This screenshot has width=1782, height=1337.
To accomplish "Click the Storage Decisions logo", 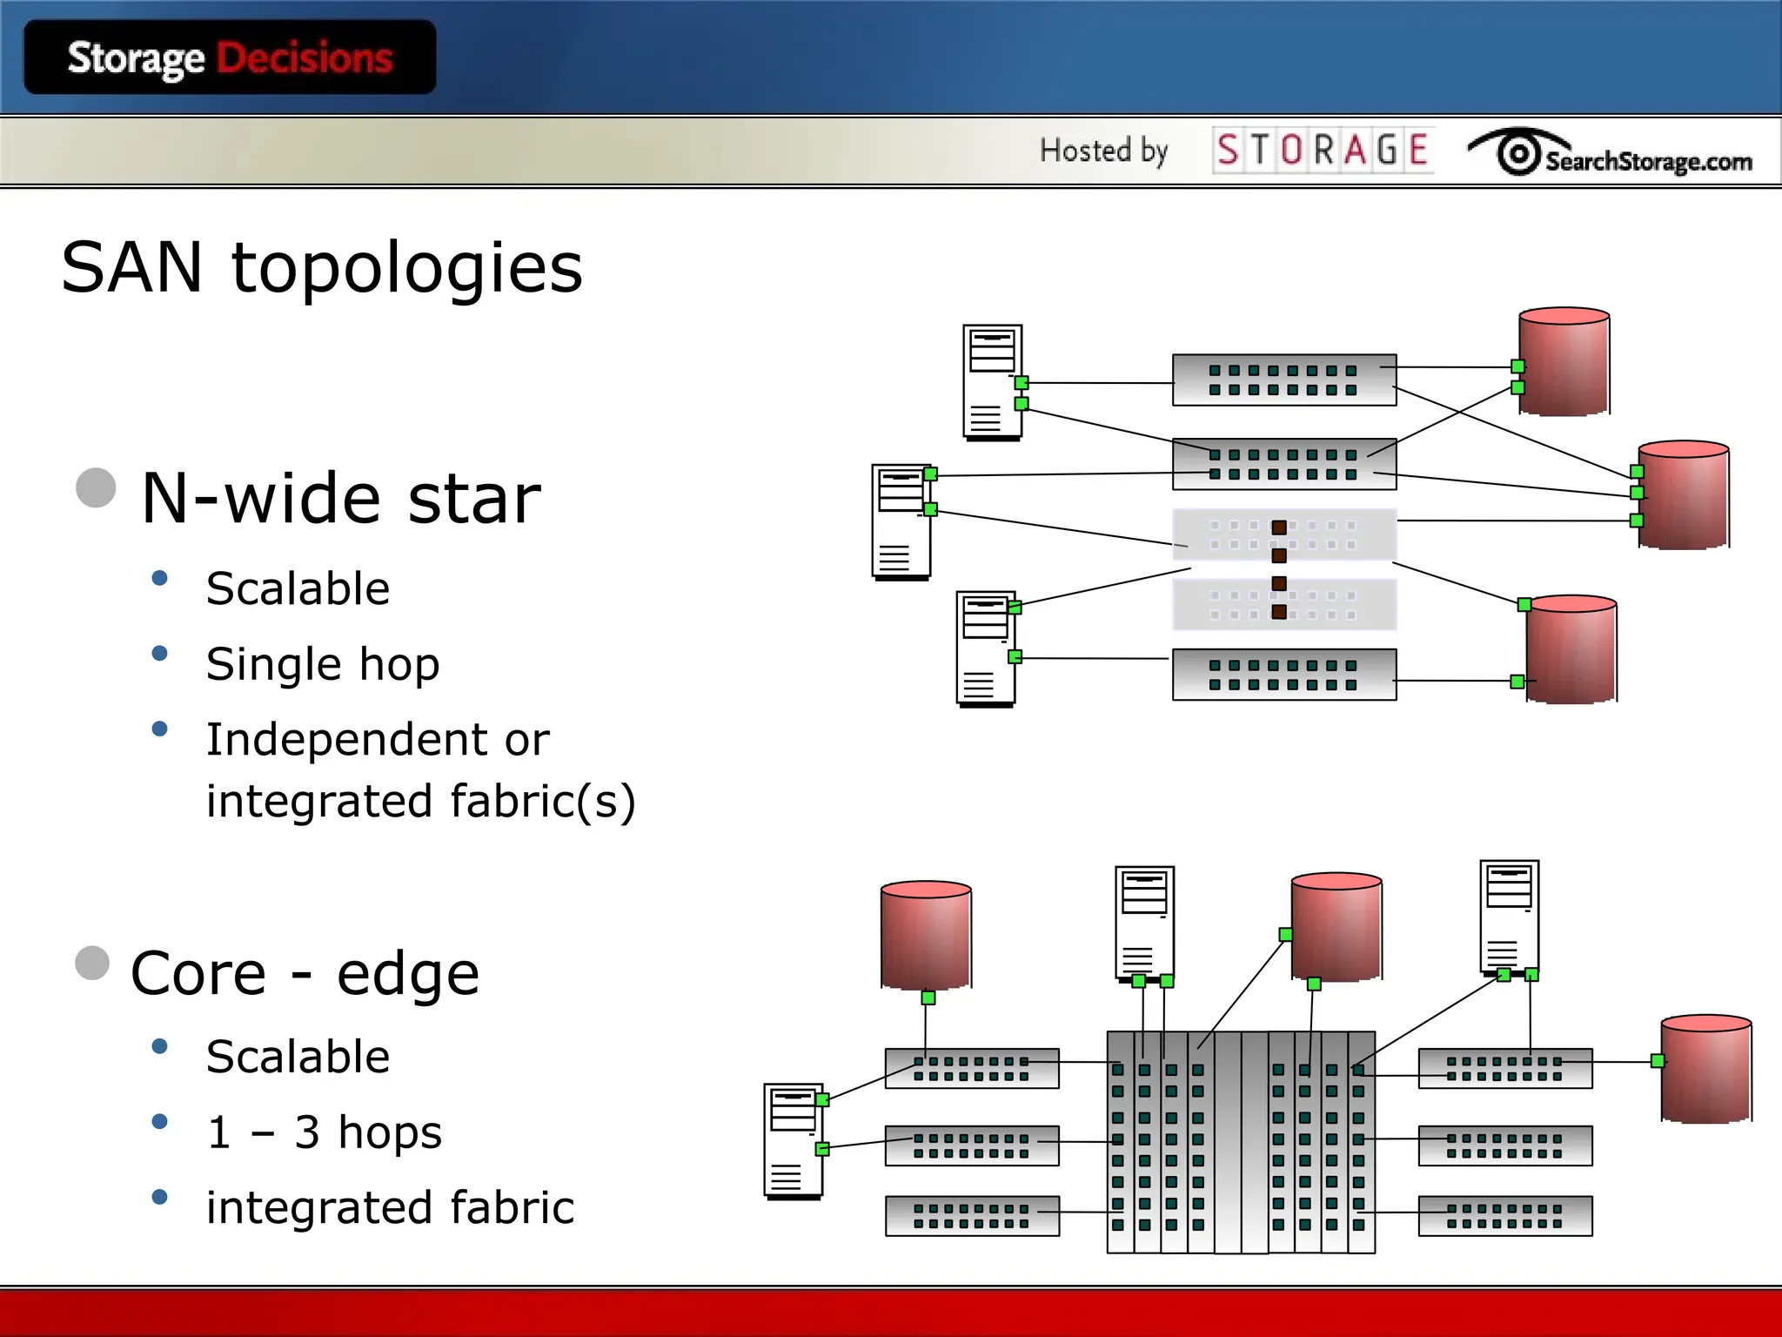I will [230, 57].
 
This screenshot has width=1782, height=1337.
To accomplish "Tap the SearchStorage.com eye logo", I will [1519, 153].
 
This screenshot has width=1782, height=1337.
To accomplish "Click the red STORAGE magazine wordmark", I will [1323, 151].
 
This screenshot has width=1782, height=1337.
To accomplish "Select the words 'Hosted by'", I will [1103, 151].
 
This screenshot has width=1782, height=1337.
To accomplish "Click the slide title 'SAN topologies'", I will [322, 268].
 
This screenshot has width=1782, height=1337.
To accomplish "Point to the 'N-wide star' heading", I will [341, 498].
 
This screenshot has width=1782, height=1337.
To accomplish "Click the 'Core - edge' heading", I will [305, 973].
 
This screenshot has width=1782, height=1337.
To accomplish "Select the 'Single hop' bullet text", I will [323, 664].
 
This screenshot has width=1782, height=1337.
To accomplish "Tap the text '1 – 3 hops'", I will [325, 1132].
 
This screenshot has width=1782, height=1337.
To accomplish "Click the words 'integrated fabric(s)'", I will [421, 801].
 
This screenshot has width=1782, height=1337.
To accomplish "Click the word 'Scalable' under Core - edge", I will [298, 1057].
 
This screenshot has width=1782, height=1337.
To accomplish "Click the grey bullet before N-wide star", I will [96, 487].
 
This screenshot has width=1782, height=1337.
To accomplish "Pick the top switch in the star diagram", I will [1283, 380].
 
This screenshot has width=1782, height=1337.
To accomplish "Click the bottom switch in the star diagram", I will [1283, 675].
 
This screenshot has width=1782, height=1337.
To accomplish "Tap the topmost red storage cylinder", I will [1564, 362].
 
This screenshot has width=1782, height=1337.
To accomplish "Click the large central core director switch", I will [1240, 1142].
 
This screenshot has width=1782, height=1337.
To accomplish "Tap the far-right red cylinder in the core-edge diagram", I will [1705, 1069].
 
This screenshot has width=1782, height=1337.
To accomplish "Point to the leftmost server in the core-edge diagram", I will [793, 1141].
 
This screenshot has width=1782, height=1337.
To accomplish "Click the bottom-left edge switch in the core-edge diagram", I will [972, 1216].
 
